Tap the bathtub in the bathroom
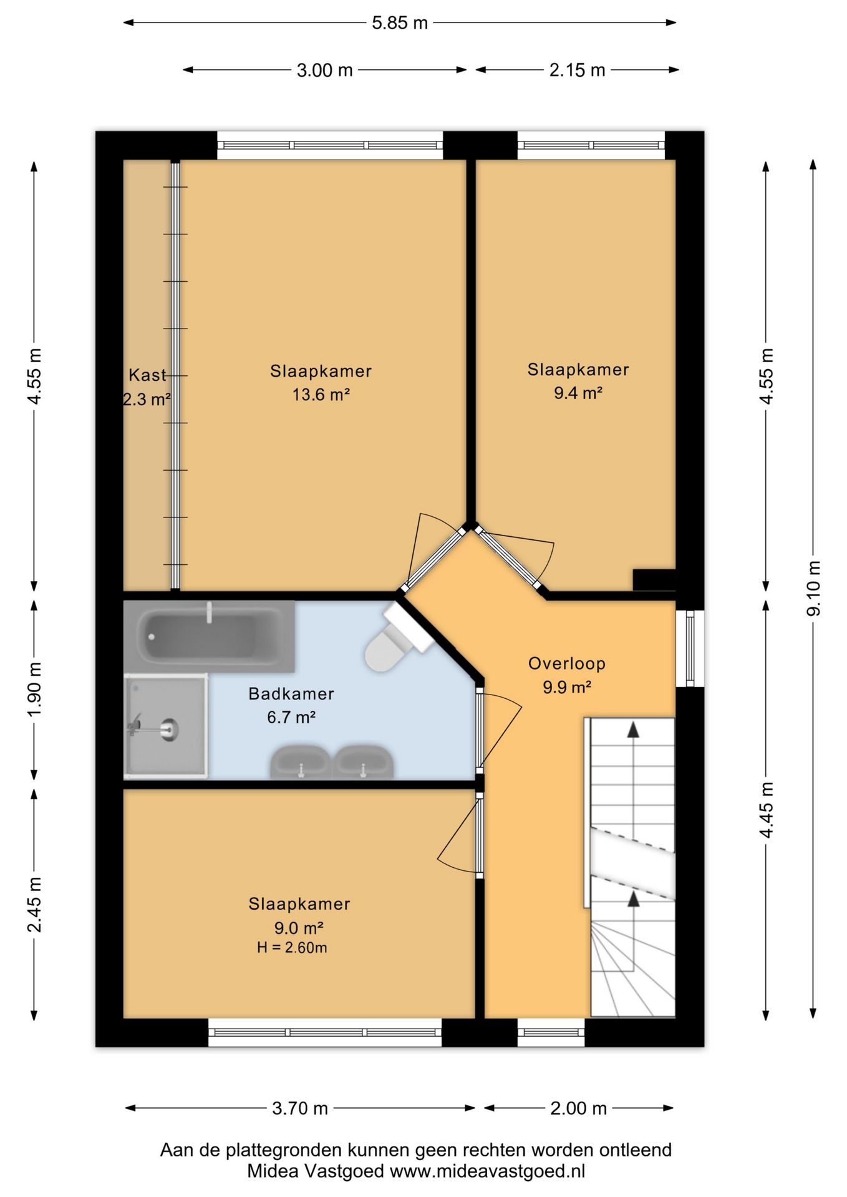[x=210, y=637]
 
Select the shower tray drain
[x=168, y=728]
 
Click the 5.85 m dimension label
[x=400, y=23]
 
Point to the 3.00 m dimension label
[x=324, y=70]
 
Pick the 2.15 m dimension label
[x=577, y=70]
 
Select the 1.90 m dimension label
[x=35, y=689]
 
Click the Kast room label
[x=147, y=375]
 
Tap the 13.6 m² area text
[x=321, y=395]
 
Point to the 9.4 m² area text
[x=578, y=393]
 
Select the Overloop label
[x=567, y=664]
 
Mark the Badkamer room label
[x=291, y=694]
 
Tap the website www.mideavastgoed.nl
[x=488, y=1171]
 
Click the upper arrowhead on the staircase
[x=633, y=730]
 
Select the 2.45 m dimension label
[x=35, y=904]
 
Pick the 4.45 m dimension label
[x=767, y=810]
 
